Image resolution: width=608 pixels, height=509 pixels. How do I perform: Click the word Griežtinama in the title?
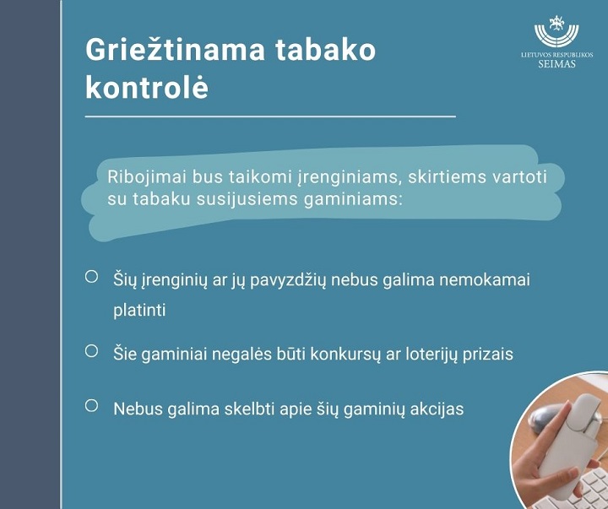pyautogui.click(x=176, y=50)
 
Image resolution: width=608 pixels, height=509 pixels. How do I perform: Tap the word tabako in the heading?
pyautogui.click(x=325, y=49)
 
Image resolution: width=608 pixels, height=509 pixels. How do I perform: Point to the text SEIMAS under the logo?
pyautogui.click(x=556, y=64)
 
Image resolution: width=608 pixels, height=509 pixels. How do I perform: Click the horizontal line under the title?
pyautogui.click(x=270, y=116)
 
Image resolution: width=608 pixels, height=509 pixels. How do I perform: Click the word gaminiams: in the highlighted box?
pyautogui.click(x=351, y=199)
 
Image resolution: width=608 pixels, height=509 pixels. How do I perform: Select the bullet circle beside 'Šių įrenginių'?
pyautogui.click(x=91, y=276)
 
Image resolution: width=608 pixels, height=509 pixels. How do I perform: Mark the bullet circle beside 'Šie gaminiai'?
pyautogui.click(x=91, y=351)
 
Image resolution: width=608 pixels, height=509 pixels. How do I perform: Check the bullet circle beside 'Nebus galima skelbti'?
pyautogui.click(x=91, y=405)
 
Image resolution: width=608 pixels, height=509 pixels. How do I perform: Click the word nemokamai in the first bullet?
pyautogui.click(x=485, y=279)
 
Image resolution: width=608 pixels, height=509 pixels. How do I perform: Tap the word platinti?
pyautogui.click(x=139, y=310)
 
